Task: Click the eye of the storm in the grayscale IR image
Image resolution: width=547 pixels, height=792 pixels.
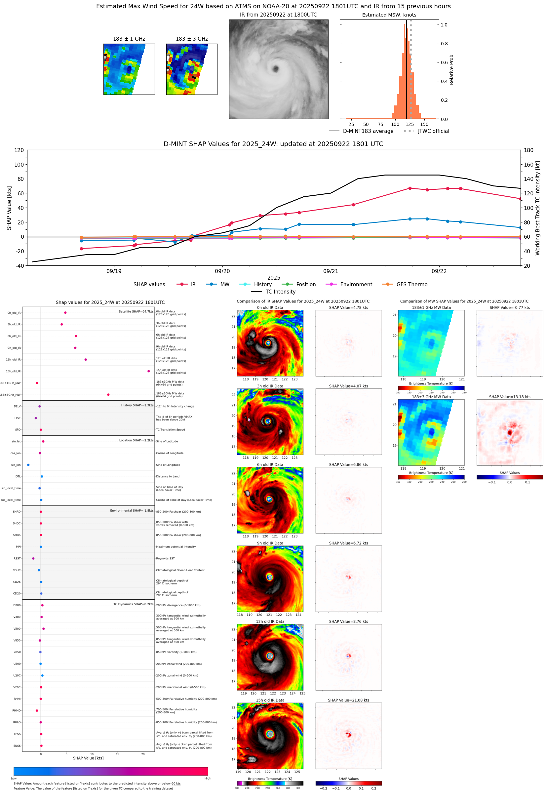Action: [276, 69]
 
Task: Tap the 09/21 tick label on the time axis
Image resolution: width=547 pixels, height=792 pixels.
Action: [331, 271]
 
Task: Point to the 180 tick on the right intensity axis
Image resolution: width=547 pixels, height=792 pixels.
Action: [528, 150]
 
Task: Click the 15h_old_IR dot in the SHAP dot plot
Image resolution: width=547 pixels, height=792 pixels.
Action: [148, 371]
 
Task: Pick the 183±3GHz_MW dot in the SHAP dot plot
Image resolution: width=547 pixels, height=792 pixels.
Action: [108, 394]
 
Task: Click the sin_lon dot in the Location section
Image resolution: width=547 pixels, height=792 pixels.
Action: [28, 465]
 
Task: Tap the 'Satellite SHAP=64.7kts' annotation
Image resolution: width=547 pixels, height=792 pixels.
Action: [136, 311]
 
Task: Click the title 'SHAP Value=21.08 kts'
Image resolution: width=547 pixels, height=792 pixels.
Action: [348, 700]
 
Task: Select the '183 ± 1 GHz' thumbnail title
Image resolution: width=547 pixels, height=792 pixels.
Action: [129, 39]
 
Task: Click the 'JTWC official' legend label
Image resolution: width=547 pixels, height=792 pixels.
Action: [433, 131]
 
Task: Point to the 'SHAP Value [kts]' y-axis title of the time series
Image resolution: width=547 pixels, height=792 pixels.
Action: [9, 208]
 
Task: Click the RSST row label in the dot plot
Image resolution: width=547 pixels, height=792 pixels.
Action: [17, 558]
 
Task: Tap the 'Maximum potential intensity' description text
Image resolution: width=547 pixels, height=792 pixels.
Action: [176, 547]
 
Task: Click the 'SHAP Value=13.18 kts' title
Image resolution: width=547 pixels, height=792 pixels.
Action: [509, 397]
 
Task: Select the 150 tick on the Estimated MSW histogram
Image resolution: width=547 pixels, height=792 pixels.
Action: [424, 124]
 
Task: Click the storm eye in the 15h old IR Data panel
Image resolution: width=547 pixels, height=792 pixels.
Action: [270, 734]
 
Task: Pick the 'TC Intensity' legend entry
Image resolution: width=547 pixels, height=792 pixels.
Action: [280, 292]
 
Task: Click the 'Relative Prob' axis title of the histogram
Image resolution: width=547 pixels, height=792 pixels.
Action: [451, 69]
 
